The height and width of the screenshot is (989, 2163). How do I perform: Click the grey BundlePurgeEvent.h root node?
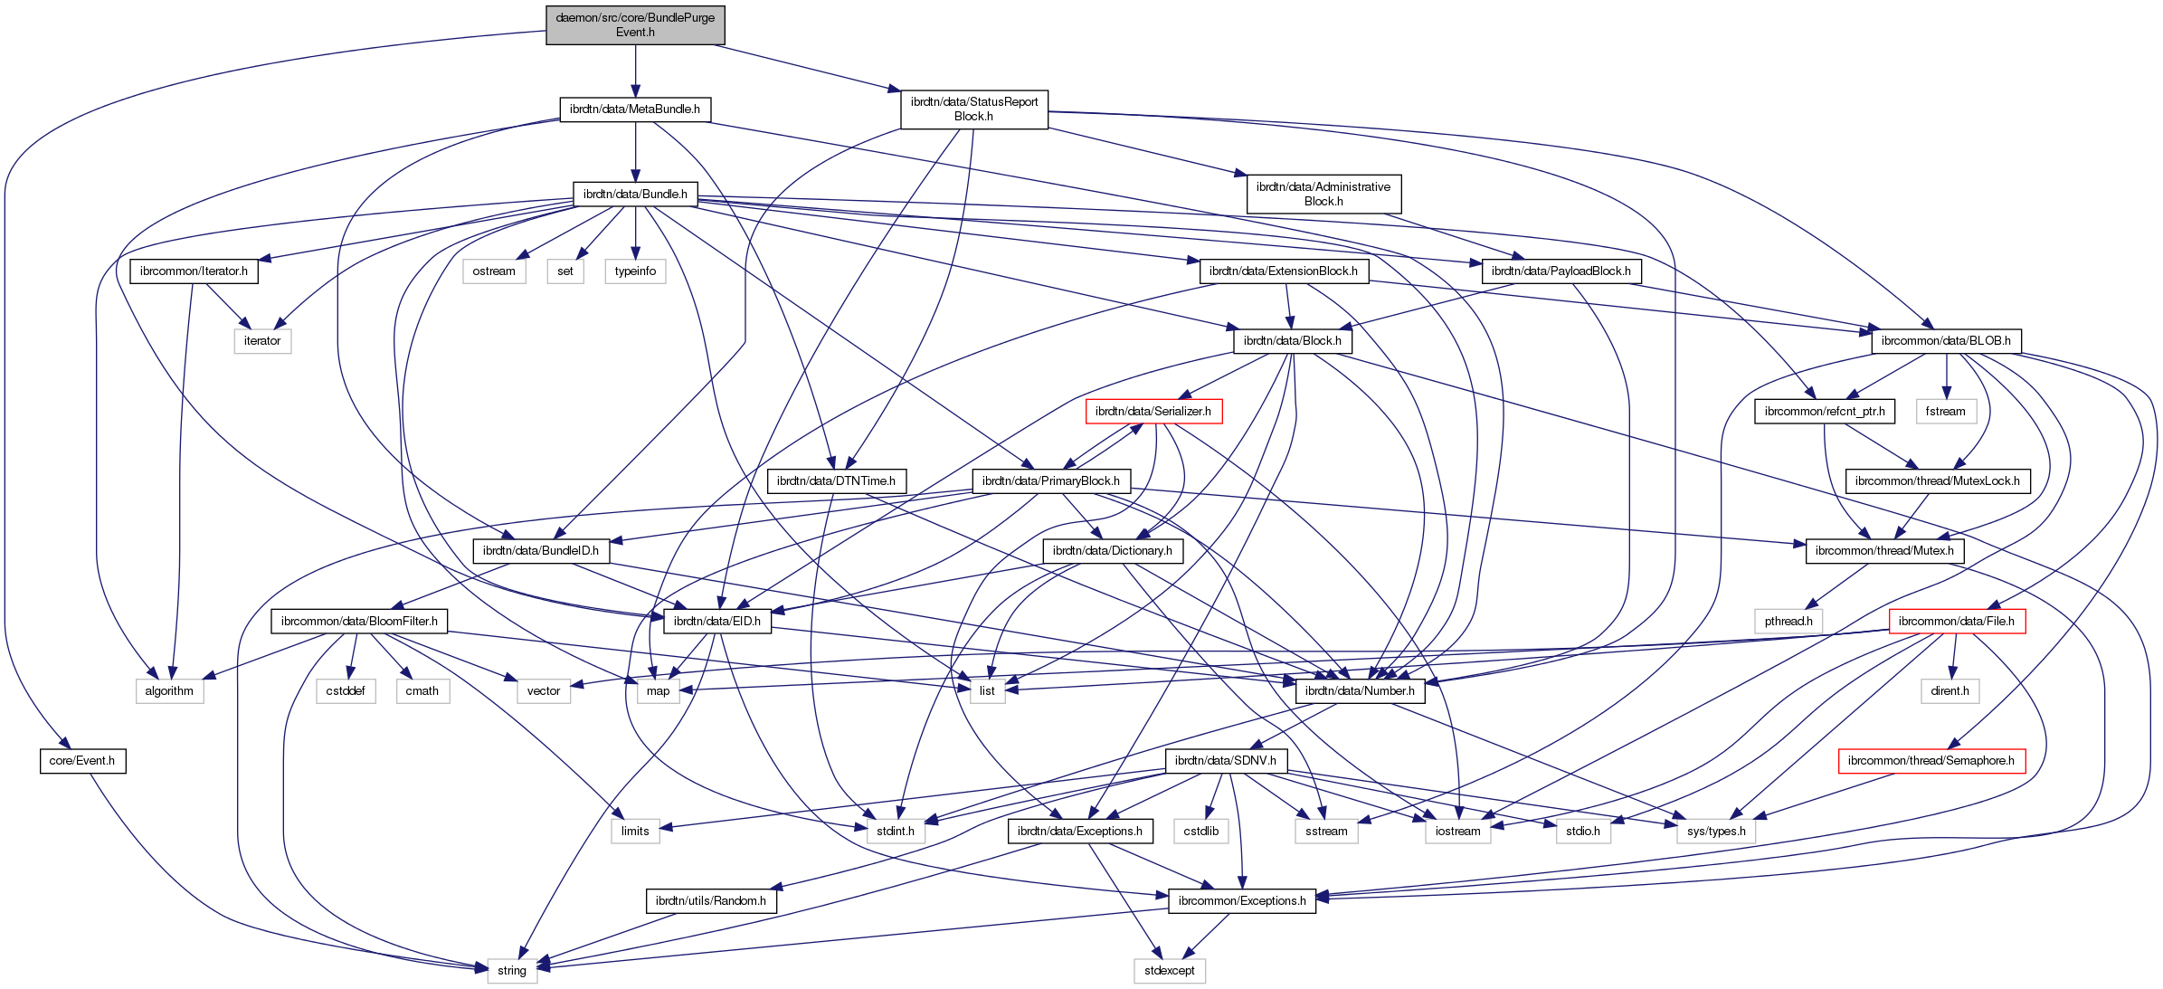(635, 24)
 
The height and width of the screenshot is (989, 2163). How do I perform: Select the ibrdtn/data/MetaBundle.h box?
(635, 109)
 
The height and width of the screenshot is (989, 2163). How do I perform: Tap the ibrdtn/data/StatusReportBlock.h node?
(974, 109)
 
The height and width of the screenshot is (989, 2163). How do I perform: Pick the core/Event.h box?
(82, 761)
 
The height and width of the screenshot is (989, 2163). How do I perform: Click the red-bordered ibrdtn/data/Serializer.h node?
(1153, 412)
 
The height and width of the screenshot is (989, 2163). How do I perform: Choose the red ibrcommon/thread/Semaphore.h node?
(1931, 761)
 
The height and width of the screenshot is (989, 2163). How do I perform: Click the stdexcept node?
(1169, 971)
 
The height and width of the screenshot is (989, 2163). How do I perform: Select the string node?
(512, 971)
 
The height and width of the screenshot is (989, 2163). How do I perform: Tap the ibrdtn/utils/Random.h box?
(711, 901)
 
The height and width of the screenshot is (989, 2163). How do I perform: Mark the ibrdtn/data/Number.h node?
(1361, 691)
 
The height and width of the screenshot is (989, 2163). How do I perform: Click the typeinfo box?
(635, 271)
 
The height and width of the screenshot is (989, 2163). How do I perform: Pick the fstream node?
(1946, 412)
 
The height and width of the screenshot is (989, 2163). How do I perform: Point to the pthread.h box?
(1788, 622)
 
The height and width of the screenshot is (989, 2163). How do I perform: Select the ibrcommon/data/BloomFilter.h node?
(359, 622)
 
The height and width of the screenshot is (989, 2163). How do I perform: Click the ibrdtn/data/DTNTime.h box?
(836, 481)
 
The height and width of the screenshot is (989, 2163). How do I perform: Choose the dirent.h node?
(1950, 691)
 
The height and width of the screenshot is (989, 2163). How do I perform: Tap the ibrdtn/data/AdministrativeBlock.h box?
(1323, 194)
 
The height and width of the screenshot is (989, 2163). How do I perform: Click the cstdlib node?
(1201, 832)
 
